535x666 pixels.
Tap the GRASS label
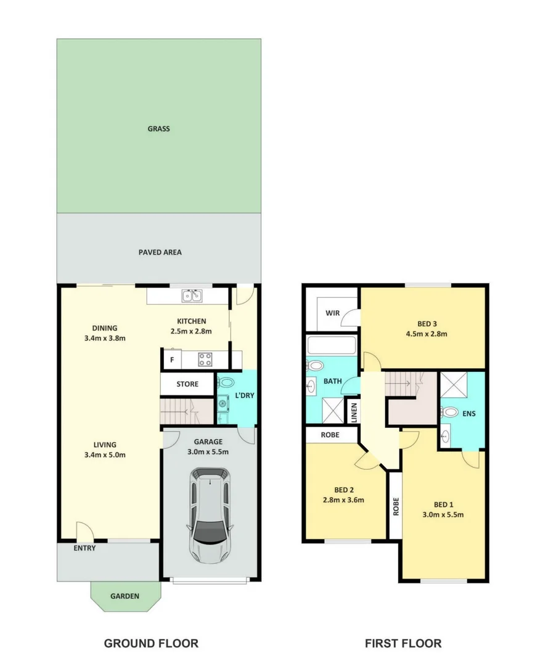point(158,129)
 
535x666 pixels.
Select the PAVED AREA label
point(160,252)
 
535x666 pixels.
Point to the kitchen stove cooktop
point(205,359)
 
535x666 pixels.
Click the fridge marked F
point(172,359)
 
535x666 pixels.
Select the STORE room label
point(187,384)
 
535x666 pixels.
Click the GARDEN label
point(125,596)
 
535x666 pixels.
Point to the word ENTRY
point(84,548)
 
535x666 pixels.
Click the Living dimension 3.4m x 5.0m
point(105,456)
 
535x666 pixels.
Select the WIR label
point(333,313)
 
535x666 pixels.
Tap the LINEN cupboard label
point(353,411)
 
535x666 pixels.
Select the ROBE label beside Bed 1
point(396,506)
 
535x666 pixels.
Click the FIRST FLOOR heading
point(403,644)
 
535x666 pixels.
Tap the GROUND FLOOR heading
point(151,644)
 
